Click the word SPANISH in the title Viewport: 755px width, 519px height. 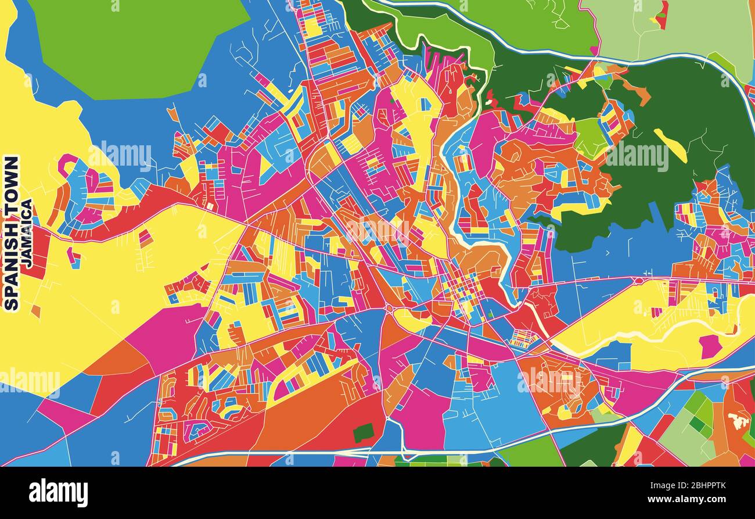(x=12, y=271)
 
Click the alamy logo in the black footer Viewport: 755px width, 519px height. (x=58, y=493)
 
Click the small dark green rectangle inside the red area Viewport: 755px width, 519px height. (x=364, y=432)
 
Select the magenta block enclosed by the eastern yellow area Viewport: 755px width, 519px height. (x=709, y=346)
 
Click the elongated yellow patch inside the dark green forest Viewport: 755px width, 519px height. (x=670, y=145)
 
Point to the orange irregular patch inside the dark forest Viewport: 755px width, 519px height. (x=639, y=92)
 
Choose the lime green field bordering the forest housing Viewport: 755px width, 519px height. (x=591, y=137)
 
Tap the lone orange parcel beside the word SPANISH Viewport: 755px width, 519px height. (x=36, y=311)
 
